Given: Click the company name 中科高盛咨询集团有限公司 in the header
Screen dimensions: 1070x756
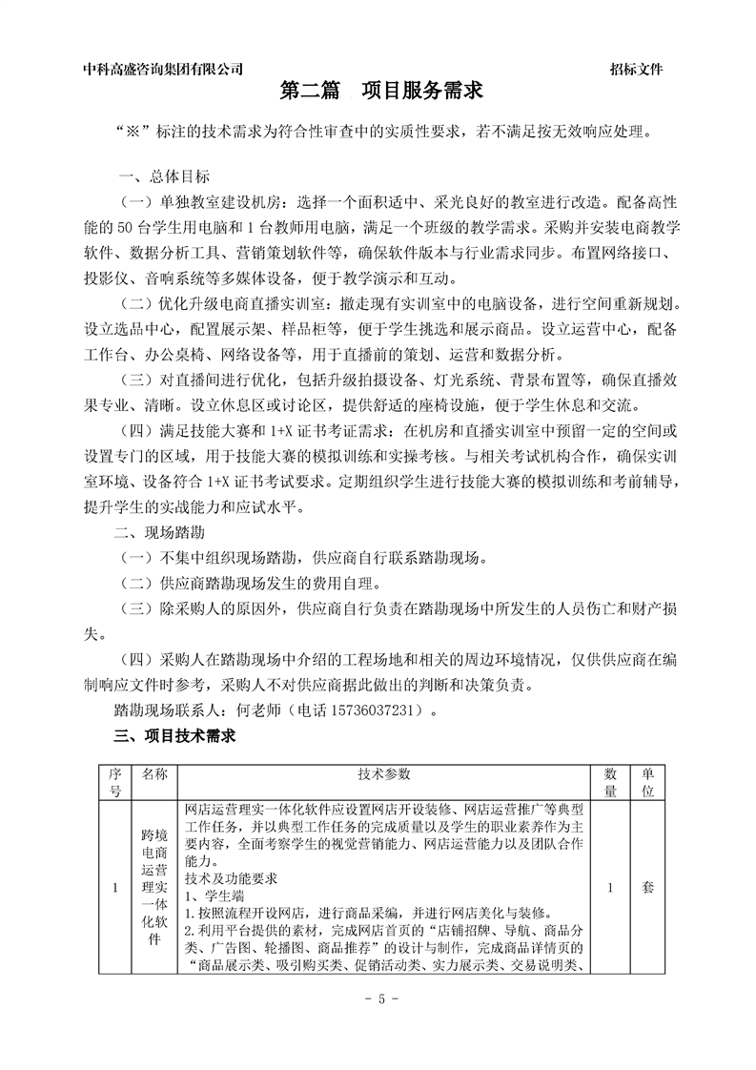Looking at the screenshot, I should point(163,69).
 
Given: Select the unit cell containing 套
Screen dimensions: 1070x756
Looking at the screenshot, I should point(647,887).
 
